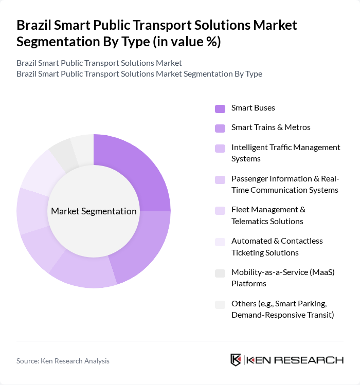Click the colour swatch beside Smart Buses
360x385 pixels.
220,108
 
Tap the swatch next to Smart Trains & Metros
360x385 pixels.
220,127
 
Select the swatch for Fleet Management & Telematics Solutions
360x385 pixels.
220,210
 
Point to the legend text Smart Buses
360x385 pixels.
253,108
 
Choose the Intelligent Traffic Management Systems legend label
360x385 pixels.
285,153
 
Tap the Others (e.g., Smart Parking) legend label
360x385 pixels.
282,309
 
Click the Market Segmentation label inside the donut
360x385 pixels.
94,211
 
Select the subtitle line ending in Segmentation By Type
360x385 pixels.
139,74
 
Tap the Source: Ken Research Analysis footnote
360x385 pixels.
63,361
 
